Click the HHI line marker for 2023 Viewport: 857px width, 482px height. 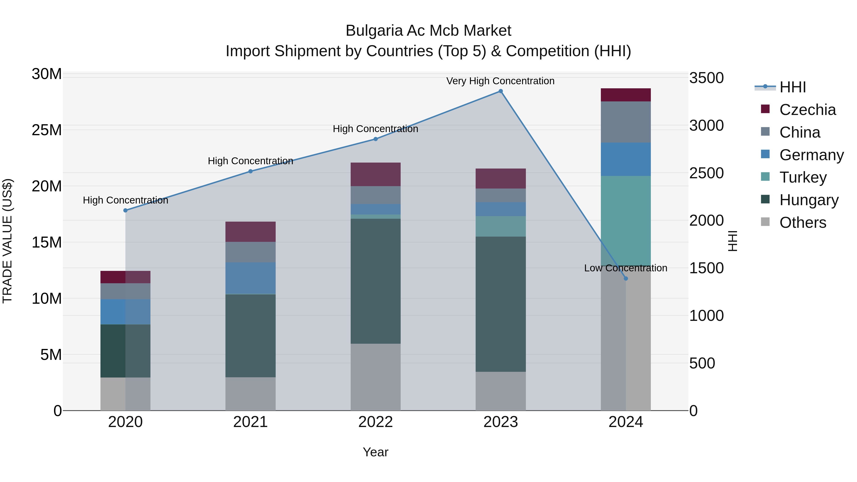(500, 91)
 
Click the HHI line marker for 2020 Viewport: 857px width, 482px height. (125, 210)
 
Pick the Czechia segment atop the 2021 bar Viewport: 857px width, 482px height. (250, 232)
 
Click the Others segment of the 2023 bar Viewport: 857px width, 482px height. (500, 391)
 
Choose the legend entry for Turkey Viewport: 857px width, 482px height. (803, 177)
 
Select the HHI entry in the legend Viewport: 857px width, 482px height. (792, 87)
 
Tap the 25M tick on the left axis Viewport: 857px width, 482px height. (47, 130)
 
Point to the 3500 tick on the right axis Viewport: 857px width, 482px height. (706, 78)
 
